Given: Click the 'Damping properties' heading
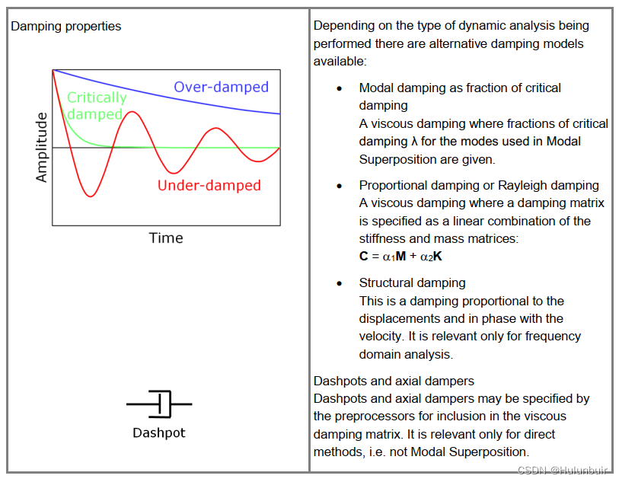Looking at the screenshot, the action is (x=65, y=27).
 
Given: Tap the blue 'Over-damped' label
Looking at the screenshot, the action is (x=221, y=87).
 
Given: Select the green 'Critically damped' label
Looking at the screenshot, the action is (x=96, y=106).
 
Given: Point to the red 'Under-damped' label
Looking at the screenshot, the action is (x=209, y=185).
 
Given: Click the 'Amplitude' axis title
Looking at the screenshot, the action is (x=42, y=147).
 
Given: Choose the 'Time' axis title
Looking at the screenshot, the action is (x=166, y=238).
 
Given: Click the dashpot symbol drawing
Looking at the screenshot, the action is (x=159, y=404).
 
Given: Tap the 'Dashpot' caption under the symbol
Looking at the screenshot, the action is (x=159, y=433).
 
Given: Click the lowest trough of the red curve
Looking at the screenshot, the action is (x=91, y=196).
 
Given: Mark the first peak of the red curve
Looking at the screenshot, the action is (x=132, y=113).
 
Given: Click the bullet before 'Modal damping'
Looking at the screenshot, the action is (x=340, y=88).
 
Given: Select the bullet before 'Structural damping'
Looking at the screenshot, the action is (x=340, y=283).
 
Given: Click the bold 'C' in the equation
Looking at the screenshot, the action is (x=364, y=257).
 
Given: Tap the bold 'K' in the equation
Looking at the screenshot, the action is (x=438, y=257).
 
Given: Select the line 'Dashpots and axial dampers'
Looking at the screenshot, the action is (x=394, y=381).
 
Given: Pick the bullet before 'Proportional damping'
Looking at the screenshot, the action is (x=340, y=186).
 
